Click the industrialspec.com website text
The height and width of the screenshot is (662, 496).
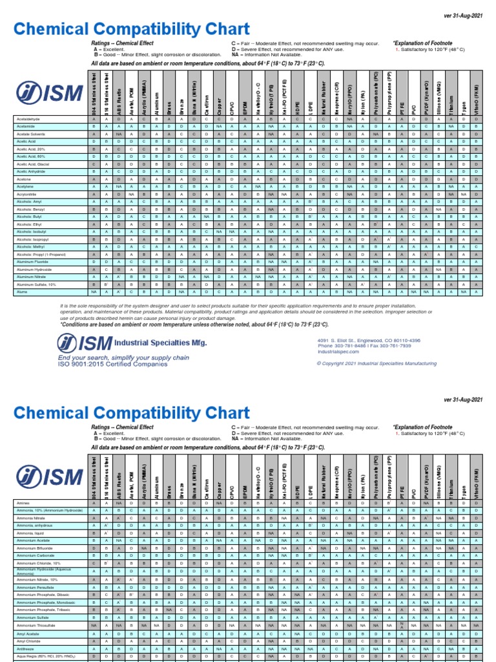point(337,352)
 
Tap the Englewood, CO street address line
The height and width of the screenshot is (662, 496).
point(369,340)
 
